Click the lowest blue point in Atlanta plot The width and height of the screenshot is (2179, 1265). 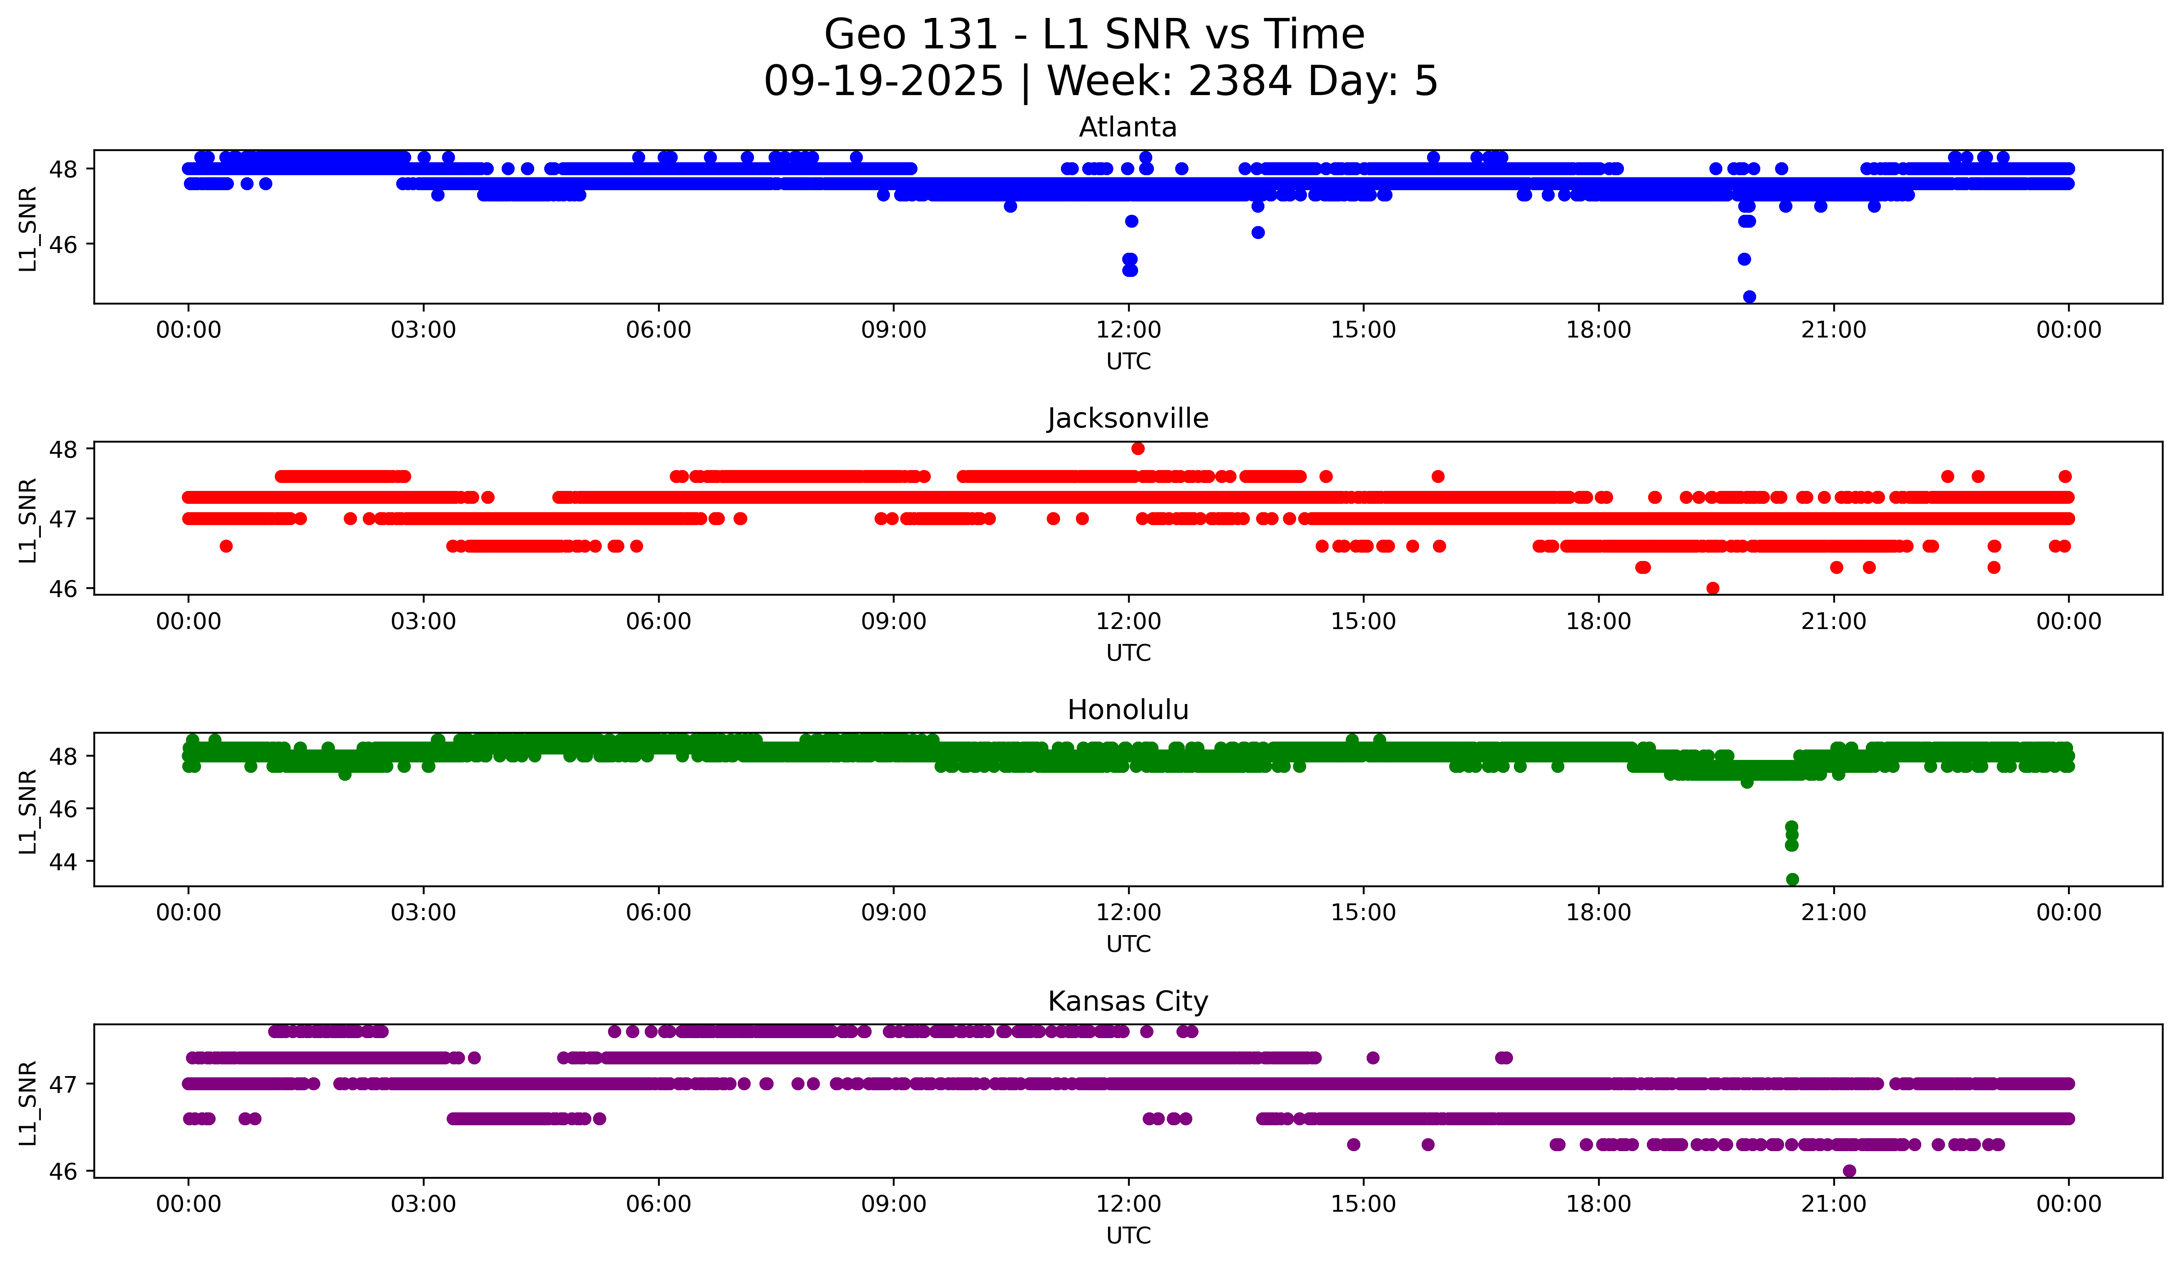coord(1749,297)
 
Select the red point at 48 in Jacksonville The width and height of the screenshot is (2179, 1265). coord(1138,448)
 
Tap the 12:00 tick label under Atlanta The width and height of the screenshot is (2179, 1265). coord(1128,330)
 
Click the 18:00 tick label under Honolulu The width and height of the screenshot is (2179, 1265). coord(1598,913)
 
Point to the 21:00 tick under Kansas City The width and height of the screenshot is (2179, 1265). coord(1833,1205)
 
